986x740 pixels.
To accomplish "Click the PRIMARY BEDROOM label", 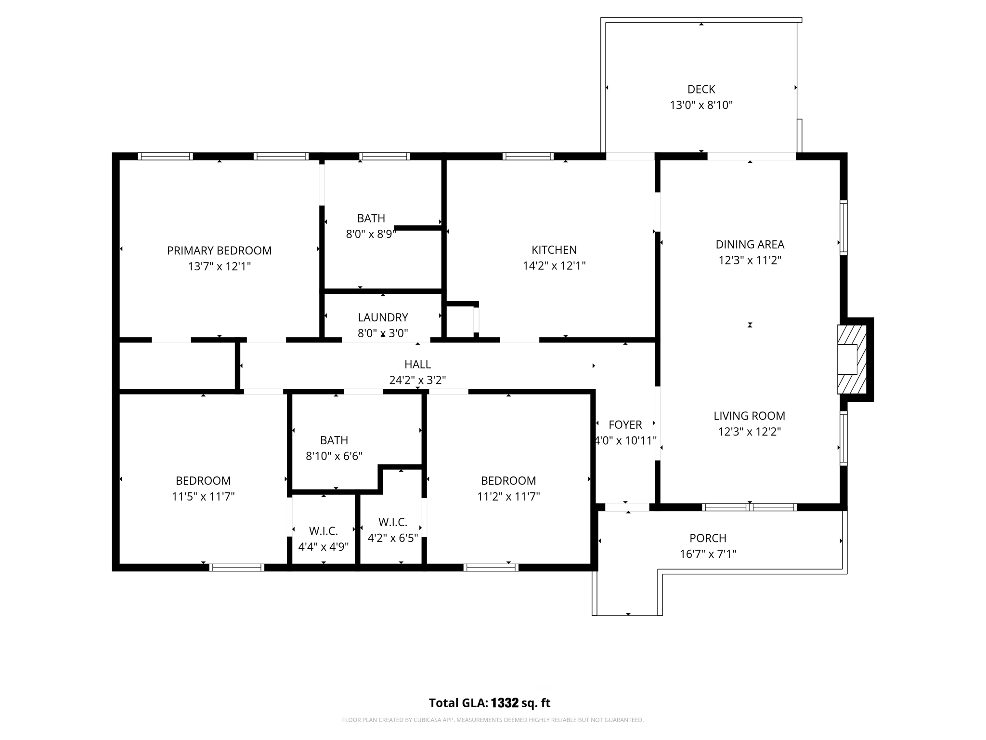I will coord(219,251).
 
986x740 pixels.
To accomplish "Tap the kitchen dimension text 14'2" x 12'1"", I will coord(554,265).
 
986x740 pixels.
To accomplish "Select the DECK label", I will coord(701,89).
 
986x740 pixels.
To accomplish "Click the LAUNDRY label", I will coord(383,317).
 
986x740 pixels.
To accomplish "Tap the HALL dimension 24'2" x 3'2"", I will coord(417,380).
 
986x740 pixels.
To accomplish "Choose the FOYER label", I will coord(625,424).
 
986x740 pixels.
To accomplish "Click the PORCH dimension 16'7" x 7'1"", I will coord(708,554).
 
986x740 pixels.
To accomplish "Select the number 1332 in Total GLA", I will coord(505,703).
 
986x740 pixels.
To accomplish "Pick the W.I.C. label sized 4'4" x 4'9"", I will coord(323,531).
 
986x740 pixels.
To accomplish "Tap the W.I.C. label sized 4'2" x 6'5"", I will coord(393,522).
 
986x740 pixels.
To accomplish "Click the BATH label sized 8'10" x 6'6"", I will coord(334,440).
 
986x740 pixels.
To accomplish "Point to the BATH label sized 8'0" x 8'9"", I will coord(371,218).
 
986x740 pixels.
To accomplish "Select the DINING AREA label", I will coord(750,244).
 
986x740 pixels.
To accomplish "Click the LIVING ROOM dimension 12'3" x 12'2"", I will coord(749,432).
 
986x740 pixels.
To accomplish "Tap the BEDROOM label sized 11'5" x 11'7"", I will coord(203,480).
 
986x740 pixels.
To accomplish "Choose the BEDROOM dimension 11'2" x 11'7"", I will coord(508,496).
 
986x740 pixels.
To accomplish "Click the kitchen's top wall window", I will coord(528,156).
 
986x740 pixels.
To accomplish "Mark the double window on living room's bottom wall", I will coord(750,507).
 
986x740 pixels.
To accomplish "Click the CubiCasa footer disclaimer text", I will coord(493,720).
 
